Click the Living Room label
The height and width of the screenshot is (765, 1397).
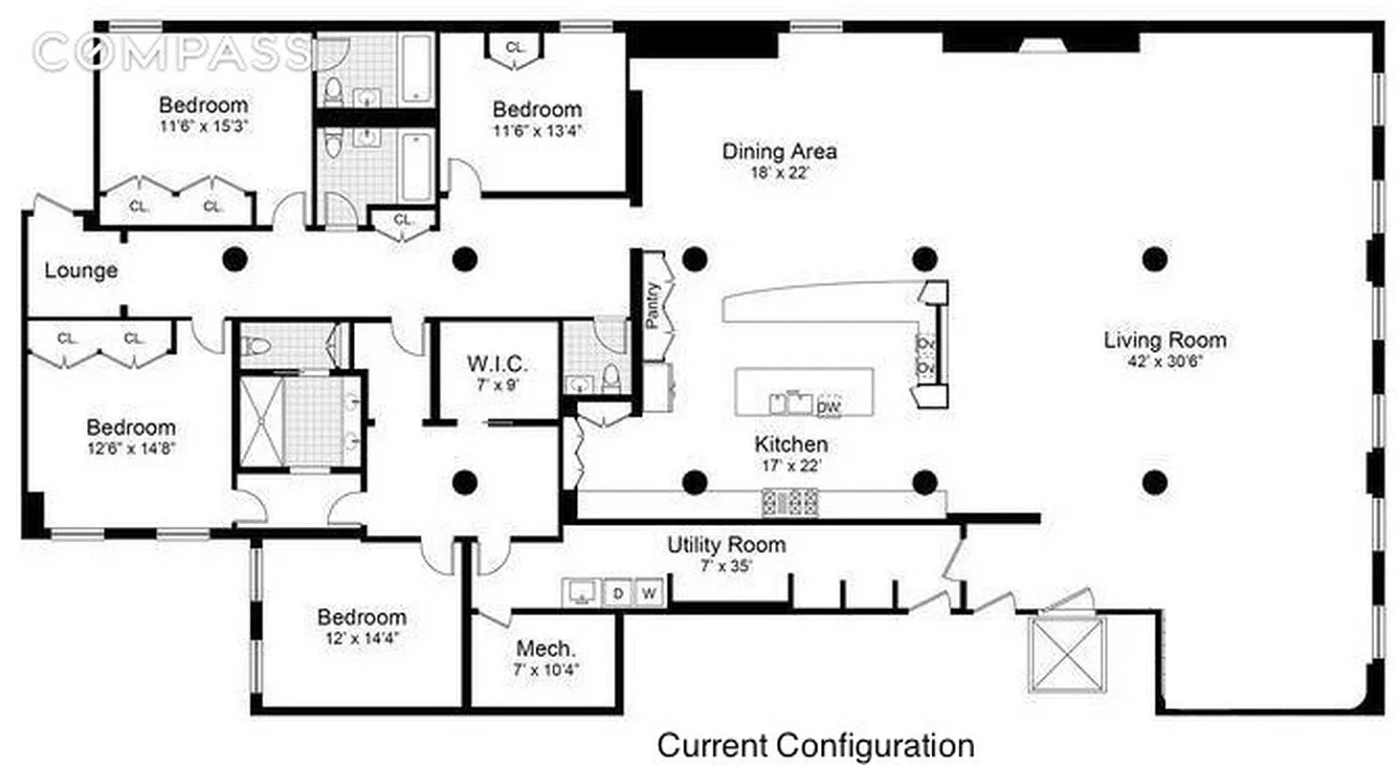1164,339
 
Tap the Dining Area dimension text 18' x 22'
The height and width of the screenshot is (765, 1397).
780,174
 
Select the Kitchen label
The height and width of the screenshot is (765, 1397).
791,445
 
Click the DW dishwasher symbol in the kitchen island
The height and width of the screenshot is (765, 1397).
829,404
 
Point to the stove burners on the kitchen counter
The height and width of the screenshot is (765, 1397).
790,501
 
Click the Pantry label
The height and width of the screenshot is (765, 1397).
653,305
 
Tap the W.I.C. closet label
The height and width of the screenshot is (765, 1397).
497,364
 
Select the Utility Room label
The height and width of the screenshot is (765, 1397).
726,545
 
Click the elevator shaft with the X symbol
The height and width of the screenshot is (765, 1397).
1066,653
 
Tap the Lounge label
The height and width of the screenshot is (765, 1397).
81,271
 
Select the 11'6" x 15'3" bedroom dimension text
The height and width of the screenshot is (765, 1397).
203,126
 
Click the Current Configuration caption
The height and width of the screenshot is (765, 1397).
816,744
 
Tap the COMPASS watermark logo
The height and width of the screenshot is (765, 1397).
172,52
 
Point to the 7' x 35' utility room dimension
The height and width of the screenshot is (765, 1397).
726,565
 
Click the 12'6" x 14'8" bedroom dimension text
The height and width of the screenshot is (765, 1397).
131,448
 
